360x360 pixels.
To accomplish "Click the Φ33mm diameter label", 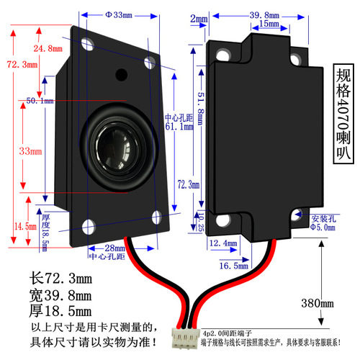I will coord(118,14).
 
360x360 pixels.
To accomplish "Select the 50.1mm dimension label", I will coord(40,101).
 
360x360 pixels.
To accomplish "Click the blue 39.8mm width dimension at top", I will coord(264,14).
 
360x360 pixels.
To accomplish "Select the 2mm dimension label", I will coord(199,18).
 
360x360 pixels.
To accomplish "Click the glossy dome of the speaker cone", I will coord(114,145).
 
